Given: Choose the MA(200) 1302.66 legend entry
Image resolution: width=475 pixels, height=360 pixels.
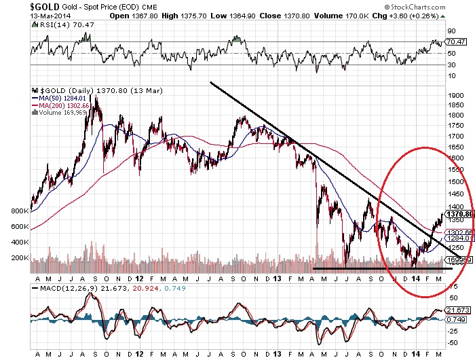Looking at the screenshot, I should (x=64, y=105).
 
